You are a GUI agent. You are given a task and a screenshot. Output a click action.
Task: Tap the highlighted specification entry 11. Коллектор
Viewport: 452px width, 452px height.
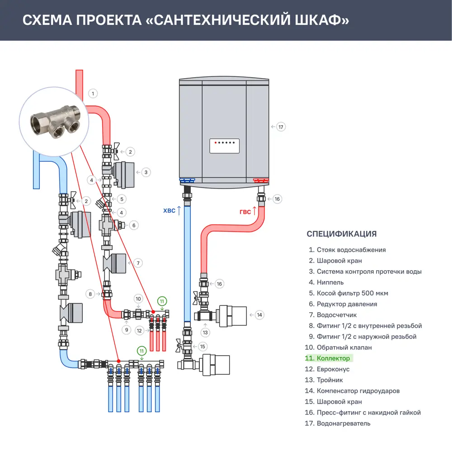329,358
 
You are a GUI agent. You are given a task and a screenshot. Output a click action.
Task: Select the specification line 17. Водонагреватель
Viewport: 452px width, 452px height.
338,424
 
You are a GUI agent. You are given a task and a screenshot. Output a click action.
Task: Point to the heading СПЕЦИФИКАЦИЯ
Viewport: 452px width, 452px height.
341,234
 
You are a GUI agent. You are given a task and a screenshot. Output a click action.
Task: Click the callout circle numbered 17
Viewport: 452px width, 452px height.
281,127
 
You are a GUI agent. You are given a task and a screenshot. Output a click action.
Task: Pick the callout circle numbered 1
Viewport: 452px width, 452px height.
93,94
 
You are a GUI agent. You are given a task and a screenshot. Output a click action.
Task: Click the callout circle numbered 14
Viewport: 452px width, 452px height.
259,315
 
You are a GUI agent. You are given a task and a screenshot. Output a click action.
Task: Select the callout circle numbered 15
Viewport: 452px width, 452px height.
202,347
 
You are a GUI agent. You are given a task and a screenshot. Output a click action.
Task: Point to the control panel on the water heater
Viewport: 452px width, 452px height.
224,146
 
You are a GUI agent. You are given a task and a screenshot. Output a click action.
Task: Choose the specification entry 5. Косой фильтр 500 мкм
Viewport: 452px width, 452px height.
348,293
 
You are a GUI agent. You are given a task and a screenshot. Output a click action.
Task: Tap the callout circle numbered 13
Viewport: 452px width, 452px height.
206,332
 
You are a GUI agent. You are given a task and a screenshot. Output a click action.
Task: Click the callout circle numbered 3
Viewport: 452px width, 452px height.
146,172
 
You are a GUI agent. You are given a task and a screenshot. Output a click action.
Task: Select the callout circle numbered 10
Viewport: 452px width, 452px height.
139,299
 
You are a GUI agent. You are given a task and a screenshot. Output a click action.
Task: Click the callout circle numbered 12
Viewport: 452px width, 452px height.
140,331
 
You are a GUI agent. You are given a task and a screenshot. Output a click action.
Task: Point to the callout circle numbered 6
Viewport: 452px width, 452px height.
133,225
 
